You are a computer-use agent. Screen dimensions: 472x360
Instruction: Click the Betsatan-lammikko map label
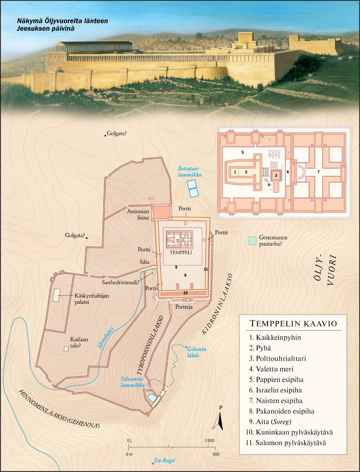coord(189,172)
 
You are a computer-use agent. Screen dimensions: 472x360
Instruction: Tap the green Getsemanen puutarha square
coord(252,241)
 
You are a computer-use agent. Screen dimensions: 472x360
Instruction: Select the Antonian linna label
coord(138,214)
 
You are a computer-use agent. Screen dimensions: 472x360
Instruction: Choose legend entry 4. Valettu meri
coord(274,369)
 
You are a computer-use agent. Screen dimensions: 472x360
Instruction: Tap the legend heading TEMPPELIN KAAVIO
coord(293,323)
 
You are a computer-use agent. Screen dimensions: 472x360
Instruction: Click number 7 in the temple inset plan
coord(318,172)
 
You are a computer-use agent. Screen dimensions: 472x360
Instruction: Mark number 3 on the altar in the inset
coord(276,175)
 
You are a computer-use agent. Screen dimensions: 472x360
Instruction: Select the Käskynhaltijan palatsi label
coord(92,299)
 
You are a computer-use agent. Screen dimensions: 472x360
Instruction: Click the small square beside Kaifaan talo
coord(66,349)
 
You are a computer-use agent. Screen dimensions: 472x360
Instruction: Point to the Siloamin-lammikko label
coord(132,382)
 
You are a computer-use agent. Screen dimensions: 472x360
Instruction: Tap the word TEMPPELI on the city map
coord(181,252)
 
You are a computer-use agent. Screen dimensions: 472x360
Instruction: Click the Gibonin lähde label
coord(197,352)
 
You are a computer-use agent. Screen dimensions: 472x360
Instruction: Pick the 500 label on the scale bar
coord(216,454)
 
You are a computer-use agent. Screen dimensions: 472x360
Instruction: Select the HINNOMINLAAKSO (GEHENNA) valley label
coord(59,409)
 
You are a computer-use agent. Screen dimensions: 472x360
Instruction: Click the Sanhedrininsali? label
coord(121,282)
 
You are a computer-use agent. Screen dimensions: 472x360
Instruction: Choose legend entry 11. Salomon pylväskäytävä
coord(286,443)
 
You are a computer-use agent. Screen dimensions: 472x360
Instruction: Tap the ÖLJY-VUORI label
coord(325,270)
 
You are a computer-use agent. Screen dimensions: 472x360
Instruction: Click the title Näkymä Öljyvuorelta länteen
coord(62,21)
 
